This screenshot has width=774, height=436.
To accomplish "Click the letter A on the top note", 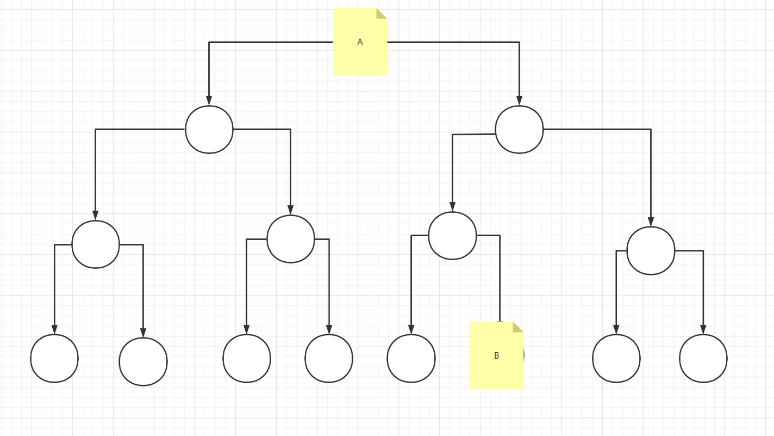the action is (x=360, y=42).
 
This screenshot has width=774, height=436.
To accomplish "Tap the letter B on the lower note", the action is (x=496, y=355).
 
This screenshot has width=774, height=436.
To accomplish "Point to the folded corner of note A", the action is (x=382, y=13).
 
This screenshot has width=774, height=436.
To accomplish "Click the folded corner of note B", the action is (x=518, y=327).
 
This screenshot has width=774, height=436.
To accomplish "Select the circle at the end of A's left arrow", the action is (x=209, y=130).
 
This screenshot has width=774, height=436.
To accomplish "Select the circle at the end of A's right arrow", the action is (x=519, y=130).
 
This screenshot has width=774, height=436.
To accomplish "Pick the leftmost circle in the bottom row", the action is (x=54, y=358).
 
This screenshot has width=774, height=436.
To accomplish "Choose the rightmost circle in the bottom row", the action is (x=703, y=358).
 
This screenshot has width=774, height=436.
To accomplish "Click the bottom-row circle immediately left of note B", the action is (x=411, y=358).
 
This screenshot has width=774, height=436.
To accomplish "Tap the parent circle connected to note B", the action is (x=452, y=236).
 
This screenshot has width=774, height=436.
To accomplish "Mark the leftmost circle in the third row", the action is (x=96, y=244).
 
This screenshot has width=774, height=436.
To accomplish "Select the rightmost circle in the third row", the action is (x=651, y=250).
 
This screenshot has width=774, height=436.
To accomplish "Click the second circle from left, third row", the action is (x=291, y=239).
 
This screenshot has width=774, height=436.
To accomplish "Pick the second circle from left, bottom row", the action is (x=143, y=361).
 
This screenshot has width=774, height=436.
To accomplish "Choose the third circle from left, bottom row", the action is (x=247, y=358).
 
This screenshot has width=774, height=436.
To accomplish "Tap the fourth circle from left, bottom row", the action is (x=329, y=358).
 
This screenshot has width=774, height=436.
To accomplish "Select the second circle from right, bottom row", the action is (x=616, y=358).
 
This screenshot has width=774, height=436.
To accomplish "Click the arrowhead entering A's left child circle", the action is (x=209, y=101).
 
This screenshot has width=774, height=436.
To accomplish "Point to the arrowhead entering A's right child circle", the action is (x=519, y=101).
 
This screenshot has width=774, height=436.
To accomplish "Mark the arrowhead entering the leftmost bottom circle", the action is (x=54, y=329).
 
